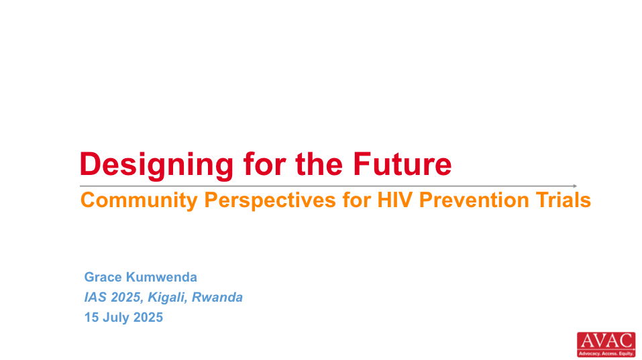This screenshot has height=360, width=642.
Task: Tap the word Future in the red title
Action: pos(402,164)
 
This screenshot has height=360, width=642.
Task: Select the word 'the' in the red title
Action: pos(319,164)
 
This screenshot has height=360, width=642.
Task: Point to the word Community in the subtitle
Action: pos(140,201)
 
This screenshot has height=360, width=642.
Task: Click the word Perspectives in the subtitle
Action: pos(270,201)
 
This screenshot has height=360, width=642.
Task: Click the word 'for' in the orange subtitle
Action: pos(357,200)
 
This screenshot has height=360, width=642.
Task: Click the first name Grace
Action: pos(103,278)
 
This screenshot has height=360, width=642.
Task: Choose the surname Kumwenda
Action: pos(161,278)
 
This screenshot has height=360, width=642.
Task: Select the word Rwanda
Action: pos(217,298)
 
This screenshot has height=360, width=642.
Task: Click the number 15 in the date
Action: pos(91,318)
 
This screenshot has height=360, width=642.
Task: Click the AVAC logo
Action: pos(606,345)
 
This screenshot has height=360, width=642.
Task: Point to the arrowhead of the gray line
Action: pos(575,186)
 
